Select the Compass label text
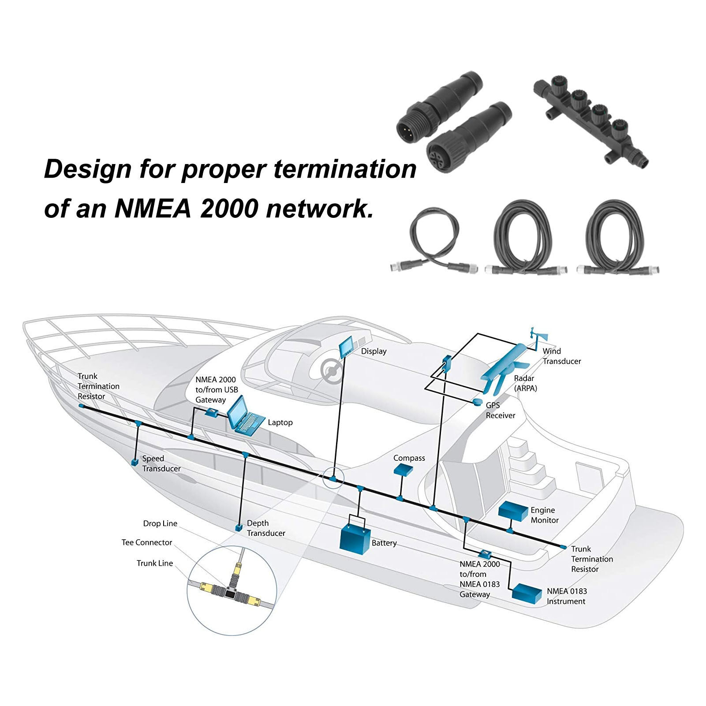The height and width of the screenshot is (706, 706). (x=409, y=458)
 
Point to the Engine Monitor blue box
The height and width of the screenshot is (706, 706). (x=513, y=511)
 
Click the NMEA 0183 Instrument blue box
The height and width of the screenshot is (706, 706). (x=527, y=593)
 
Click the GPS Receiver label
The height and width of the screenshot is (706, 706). (x=500, y=411)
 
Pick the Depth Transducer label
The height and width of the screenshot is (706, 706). (x=265, y=528)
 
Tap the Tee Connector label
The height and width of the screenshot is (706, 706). (x=147, y=543)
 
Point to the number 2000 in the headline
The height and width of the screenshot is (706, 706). (x=228, y=208)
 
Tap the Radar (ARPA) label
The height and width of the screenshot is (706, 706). (x=525, y=383)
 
